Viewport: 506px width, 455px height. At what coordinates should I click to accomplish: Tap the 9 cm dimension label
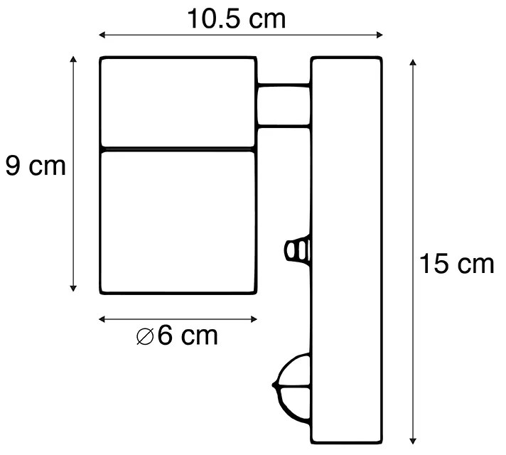[35, 166]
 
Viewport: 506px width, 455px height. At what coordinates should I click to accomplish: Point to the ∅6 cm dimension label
[177, 335]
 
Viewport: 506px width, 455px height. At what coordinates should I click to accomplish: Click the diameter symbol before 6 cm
[145, 336]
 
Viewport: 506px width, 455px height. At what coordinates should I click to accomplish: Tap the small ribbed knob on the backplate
[298, 251]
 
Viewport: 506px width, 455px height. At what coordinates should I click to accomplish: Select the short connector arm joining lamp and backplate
[283, 105]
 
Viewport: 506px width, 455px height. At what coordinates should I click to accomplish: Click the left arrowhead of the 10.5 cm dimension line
[101, 34]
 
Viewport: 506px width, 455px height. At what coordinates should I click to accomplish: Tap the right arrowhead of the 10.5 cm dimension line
[381, 34]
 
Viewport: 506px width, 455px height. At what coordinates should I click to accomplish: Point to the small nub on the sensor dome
[274, 386]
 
